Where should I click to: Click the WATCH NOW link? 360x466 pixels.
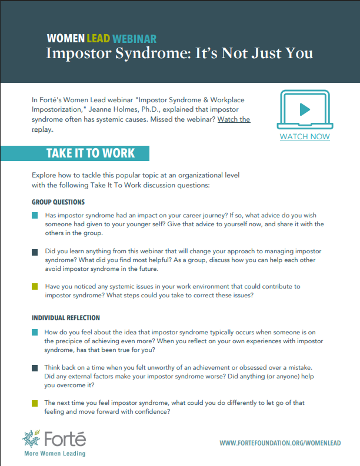305,137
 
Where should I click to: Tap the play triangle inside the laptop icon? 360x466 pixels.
305,109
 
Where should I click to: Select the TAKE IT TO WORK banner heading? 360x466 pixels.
91,153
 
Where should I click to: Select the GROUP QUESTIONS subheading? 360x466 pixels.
58,202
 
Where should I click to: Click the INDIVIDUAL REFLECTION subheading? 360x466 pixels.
66,318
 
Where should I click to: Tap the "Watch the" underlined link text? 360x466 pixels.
234,119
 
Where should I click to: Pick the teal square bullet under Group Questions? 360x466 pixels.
35,216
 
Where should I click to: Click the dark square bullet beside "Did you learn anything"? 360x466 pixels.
35,252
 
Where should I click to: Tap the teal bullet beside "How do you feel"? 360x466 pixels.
35,333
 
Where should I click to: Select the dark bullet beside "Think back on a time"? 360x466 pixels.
35,368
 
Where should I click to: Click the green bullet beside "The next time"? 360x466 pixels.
35,403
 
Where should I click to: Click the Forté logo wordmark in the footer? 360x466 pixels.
65,440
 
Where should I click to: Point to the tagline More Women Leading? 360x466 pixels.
54,454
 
